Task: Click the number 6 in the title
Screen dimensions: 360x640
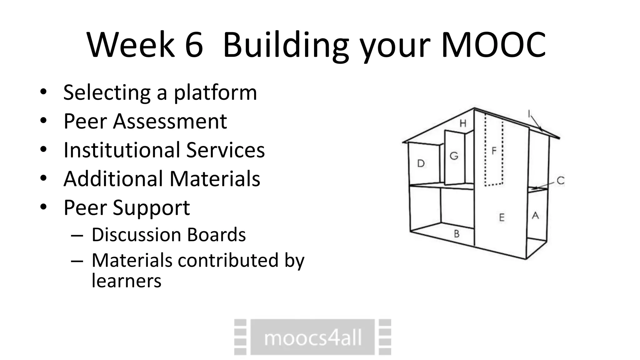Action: tap(194, 45)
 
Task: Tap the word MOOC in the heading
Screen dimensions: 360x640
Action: tap(494, 45)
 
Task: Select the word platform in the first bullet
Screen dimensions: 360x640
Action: tap(215, 93)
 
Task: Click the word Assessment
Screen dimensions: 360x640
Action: tap(170, 121)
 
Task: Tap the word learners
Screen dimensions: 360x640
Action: tap(126, 281)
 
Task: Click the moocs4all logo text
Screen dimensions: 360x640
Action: tap(313, 338)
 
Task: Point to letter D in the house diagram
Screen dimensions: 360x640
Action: tap(421, 163)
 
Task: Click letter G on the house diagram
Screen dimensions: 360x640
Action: tap(454, 156)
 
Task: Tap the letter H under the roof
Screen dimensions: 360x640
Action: tap(463, 123)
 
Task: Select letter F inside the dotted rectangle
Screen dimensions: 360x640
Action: tap(494, 151)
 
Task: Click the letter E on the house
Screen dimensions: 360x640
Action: tap(502, 217)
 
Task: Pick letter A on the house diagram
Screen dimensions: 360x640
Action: tap(535, 215)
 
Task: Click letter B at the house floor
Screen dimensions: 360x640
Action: tap(457, 233)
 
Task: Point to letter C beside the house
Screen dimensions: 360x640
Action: tap(561, 180)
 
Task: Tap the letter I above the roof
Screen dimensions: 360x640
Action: tap(529, 114)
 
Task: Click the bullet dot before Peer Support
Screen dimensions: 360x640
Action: tap(43, 207)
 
